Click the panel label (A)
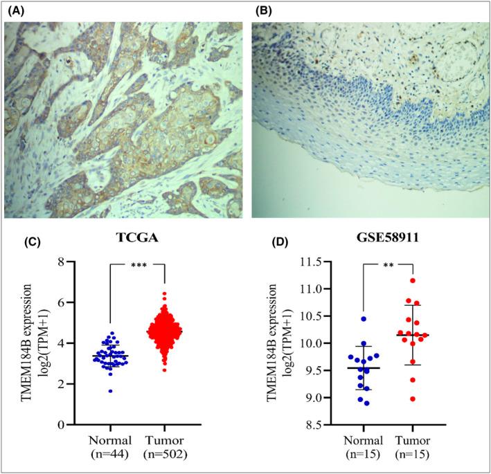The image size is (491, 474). coord(13,10)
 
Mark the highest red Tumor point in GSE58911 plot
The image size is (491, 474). coord(413,280)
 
